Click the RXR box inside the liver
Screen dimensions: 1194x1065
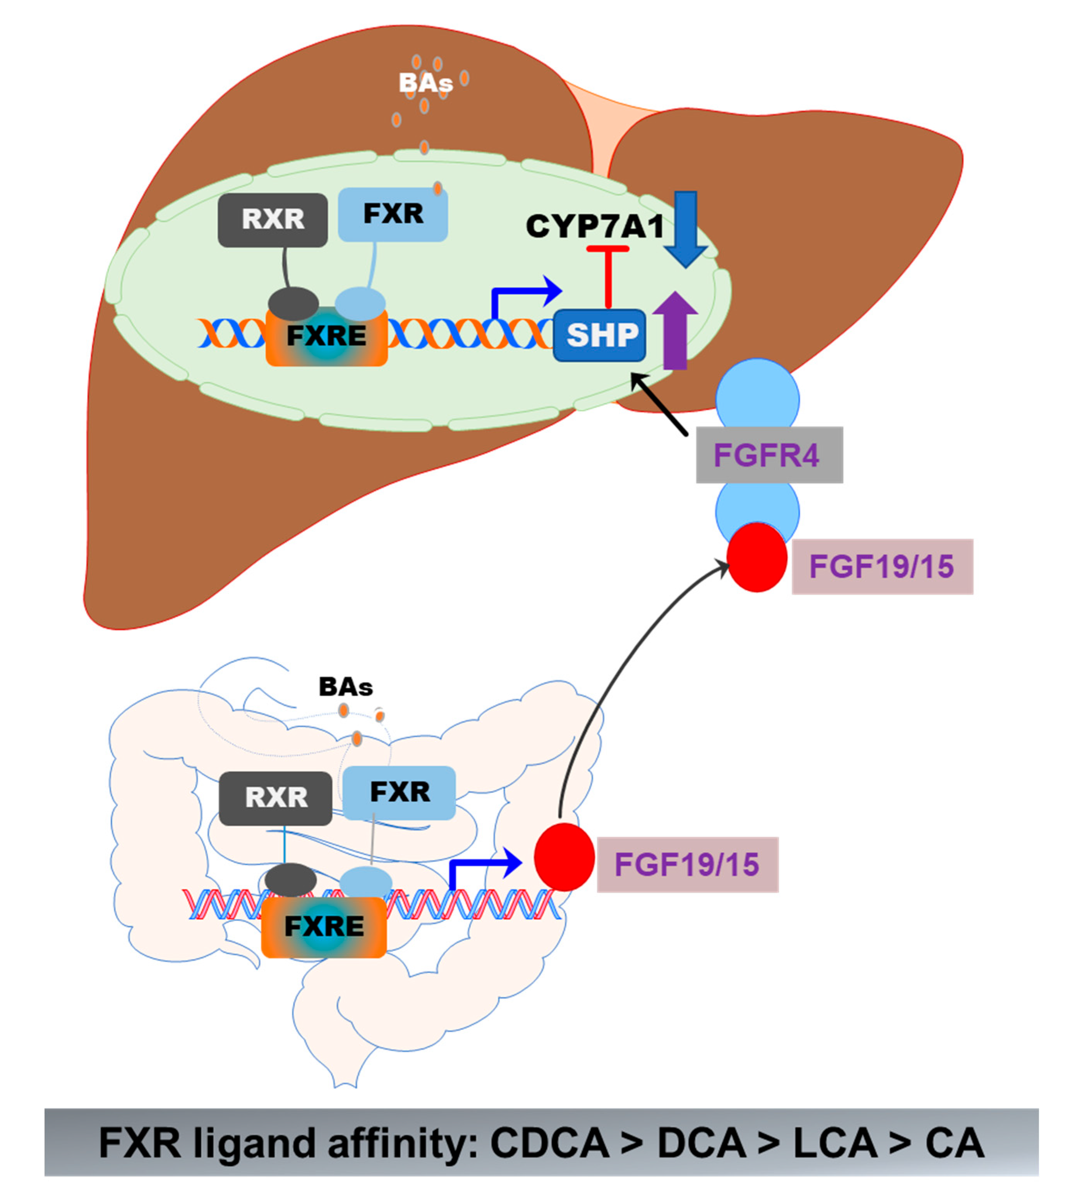273,220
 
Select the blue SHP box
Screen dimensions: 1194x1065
600,335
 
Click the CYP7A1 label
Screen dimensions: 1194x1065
595,226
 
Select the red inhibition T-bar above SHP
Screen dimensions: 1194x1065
608,275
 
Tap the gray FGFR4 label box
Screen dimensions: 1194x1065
769,455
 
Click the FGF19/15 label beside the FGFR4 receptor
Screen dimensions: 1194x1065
882,566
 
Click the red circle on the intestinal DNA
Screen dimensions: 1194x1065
564,857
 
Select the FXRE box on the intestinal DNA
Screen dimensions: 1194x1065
324,926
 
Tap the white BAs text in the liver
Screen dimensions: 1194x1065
425,83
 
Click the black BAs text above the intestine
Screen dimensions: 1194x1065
345,686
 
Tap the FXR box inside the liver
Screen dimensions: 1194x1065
393,214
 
